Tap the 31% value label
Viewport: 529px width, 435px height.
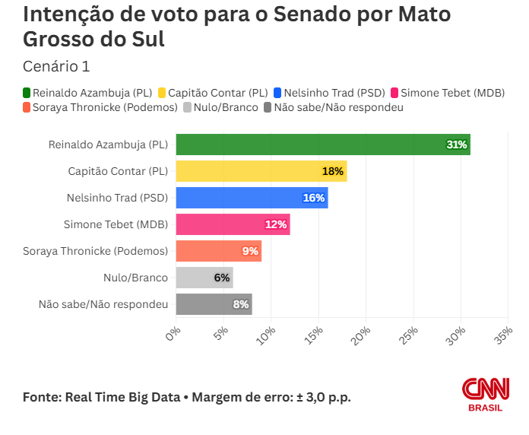(x=456, y=144)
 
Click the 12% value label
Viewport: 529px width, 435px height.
(x=275, y=224)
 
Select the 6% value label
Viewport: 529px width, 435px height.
(x=222, y=278)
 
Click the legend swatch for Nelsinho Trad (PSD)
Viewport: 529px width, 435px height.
(x=277, y=93)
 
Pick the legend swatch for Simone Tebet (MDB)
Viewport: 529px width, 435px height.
(x=394, y=93)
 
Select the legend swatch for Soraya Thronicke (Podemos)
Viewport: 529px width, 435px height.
(x=27, y=107)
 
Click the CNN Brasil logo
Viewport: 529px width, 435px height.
(x=486, y=394)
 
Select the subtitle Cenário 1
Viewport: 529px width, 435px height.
(x=56, y=66)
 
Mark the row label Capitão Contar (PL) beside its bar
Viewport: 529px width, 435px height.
(x=118, y=171)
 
